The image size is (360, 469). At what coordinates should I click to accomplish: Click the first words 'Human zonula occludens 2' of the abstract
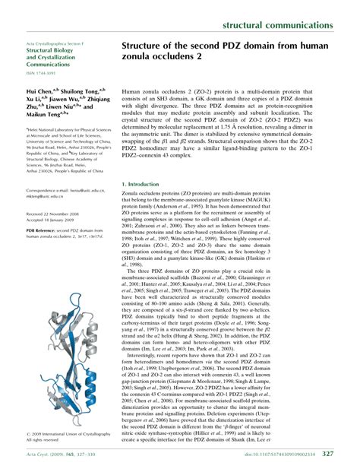point(155,110)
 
